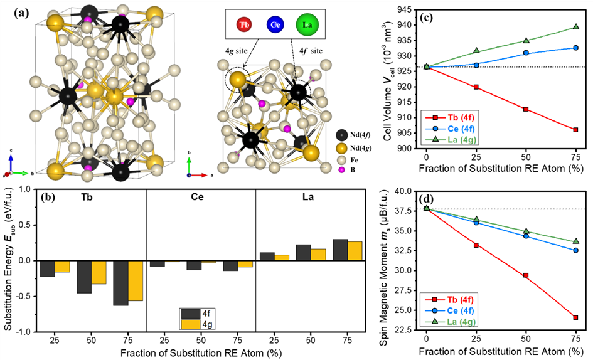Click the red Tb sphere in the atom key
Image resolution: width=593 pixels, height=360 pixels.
243,24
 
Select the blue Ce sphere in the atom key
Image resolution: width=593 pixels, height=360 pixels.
275,24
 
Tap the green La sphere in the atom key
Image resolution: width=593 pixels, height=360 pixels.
309,24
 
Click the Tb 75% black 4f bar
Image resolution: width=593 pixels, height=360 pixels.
120,283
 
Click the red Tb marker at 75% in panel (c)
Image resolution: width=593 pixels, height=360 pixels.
575,130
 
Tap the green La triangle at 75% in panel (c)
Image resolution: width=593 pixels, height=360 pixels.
575,27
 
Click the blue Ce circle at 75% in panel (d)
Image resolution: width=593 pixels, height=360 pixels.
575,250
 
